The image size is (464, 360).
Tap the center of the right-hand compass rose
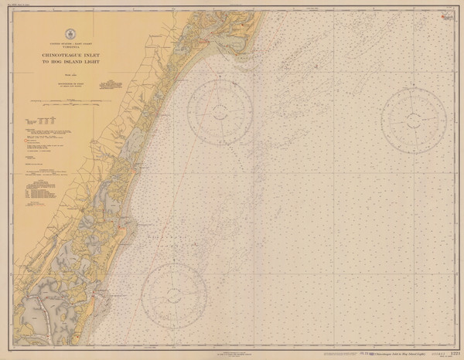(x=413, y=116)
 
